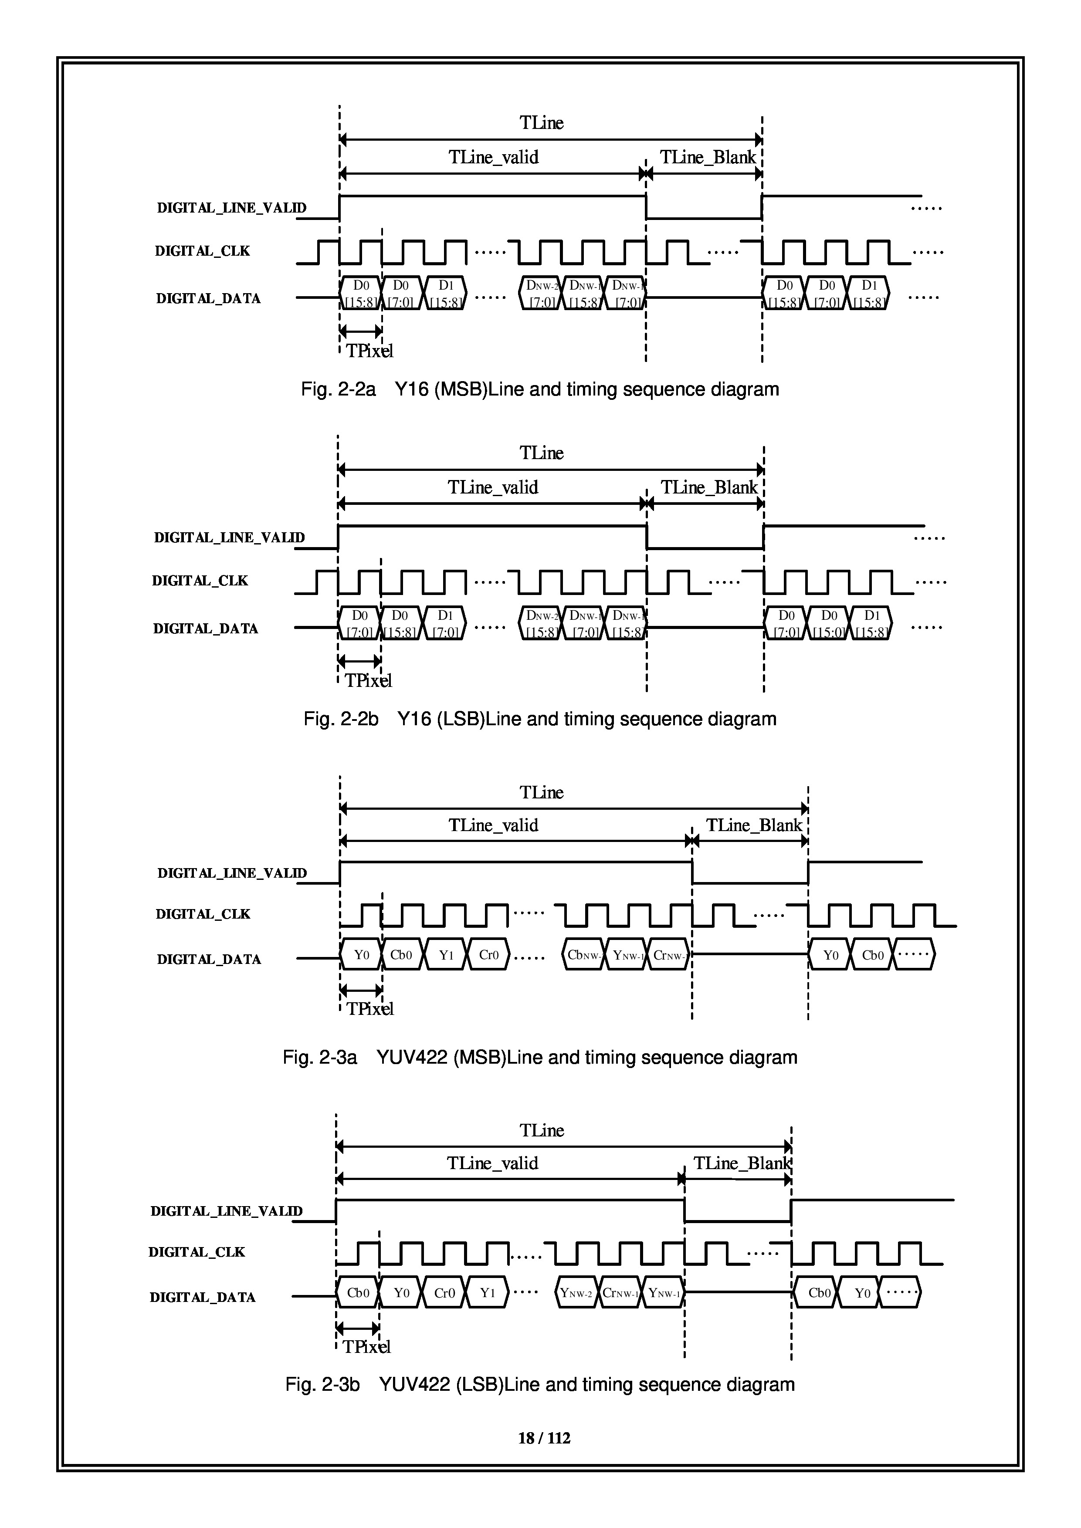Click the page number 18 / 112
pyautogui.click(x=544, y=1438)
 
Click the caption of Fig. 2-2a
pyautogui.click(x=540, y=389)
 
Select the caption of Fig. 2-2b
pyautogui.click(x=540, y=720)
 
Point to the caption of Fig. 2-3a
pyautogui.click(x=540, y=1058)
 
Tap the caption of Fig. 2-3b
pyautogui.click(x=540, y=1385)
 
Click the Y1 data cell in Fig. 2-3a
pyautogui.click(x=446, y=955)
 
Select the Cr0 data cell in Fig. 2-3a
pyautogui.click(x=488, y=955)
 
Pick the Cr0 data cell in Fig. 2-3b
pyautogui.click(x=444, y=1293)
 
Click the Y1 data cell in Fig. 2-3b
pyautogui.click(x=487, y=1293)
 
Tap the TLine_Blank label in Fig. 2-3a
pyautogui.click(x=754, y=826)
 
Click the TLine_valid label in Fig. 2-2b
pyautogui.click(x=493, y=488)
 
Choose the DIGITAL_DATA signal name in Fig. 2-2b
pyautogui.click(x=206, y=628)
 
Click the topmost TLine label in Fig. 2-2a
pyautogui.click(x=541, y=123)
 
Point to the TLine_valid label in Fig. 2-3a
pyautogui.click(x=493, y=826)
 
